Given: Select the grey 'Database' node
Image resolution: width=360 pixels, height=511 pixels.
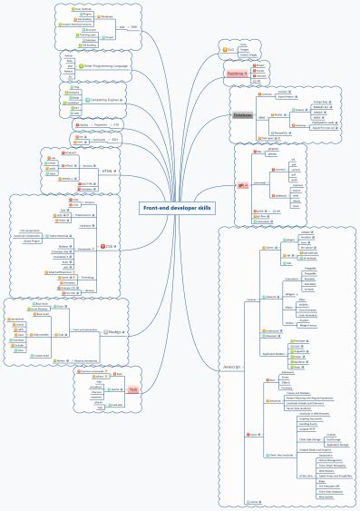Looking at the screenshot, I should pos(242,116).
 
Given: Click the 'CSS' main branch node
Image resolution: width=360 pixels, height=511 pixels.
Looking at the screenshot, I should pos(110,246).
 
